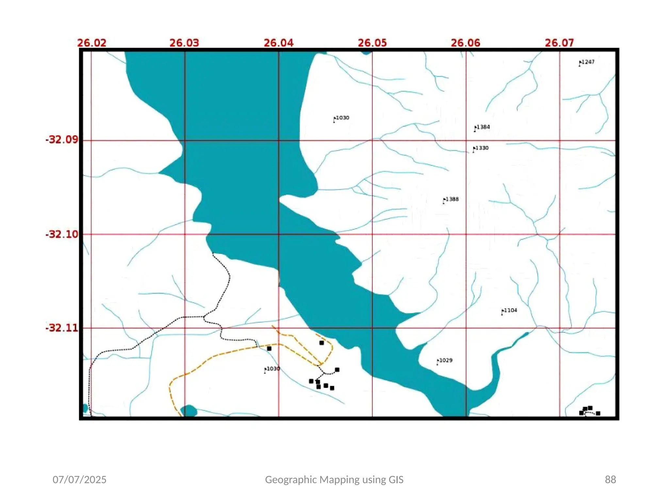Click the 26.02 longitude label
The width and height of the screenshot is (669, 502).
(x=92, y=43)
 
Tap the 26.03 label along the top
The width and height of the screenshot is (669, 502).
(x=184, y=43)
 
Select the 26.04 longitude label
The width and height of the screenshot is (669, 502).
(x=279, y=43)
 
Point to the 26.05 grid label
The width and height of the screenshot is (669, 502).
(x=372, y=43)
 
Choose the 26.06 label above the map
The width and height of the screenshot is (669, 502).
(x=465, y=43)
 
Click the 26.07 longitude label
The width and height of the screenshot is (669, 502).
(x=559, y=43)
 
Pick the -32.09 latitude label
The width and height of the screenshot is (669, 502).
(x=62, y=140)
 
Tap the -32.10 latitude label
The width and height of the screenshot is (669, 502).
(x=62, y=234)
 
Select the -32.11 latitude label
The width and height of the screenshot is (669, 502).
(x=62, y=328)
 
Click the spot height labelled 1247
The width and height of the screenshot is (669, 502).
(x=587, y=62)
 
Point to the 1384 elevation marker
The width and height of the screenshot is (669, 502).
(x=482, y=127)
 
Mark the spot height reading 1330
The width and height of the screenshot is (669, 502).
(x=481, y=148)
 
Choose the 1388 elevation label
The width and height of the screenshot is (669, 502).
(x=451, y=199)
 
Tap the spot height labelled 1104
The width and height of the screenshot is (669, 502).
(x=510, y=310)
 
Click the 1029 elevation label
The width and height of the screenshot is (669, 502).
(x=445, y=360)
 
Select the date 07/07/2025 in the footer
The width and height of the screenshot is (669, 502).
(x=79, y=479)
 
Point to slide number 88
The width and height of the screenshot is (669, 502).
(x=610, y=479)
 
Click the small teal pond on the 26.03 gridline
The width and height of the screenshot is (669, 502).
(x=189, y=411)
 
